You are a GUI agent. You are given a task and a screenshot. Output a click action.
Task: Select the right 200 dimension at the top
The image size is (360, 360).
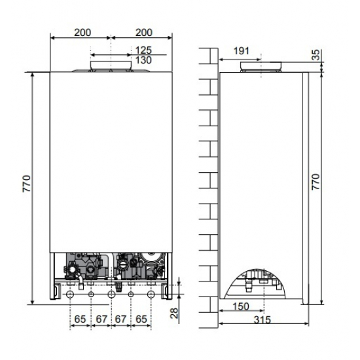click(x=144, y=31)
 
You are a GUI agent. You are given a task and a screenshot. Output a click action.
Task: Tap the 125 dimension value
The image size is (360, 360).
click(x=144, y=50)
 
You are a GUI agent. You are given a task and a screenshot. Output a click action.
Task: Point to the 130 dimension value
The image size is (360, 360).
click(x=144, y=60)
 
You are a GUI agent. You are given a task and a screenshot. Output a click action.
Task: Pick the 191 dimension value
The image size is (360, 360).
click(x=242, y=50)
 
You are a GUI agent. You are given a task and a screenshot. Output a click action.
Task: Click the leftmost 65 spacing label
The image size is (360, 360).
click(x=79, y=319)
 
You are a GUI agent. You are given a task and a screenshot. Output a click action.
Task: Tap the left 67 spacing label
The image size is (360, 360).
click(x=101, y=319)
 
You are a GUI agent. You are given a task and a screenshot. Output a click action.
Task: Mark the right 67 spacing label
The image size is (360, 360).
click(x=122, y=319)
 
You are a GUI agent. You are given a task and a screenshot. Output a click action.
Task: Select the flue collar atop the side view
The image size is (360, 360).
click(x=260, y=66)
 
